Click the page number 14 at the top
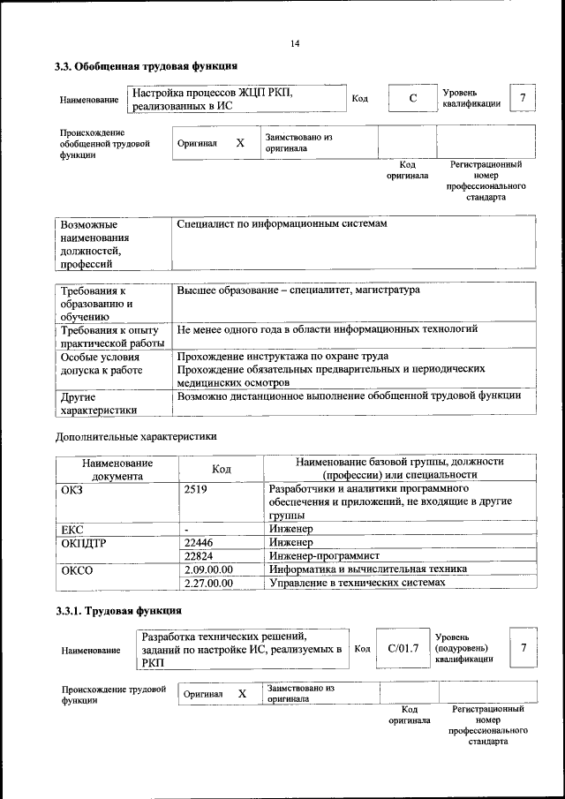tap(295, 44)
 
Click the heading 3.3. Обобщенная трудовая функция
tap(146, 66)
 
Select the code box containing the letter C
tap(411, 98)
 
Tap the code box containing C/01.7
tap(403, 649)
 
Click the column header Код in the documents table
tap(222, 469)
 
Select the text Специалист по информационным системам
tap(282, 225)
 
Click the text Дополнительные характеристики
tap(135, 436)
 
